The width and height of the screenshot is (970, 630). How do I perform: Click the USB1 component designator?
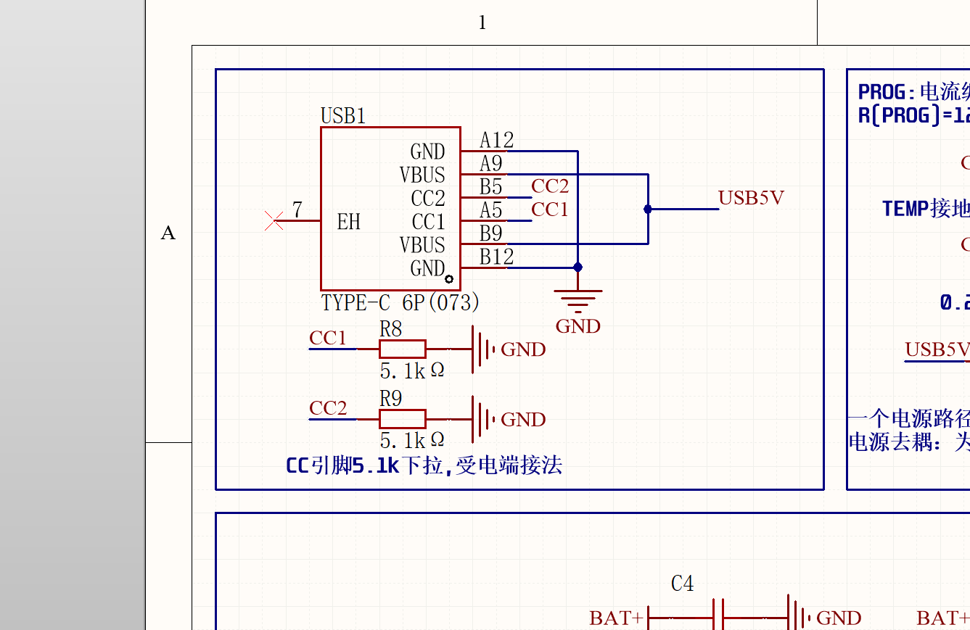tap(343, 116)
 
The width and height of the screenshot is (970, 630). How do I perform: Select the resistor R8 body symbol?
tap(402, 349)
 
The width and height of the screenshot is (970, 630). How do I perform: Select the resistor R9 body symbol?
tap(402, 419)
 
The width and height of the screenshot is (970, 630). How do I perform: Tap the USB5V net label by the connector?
tap(751, 198)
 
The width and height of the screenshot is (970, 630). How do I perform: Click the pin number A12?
tap(497, 140)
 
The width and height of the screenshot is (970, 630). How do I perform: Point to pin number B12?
tap(497, 257)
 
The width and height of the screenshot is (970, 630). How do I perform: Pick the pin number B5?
tap(491, 186)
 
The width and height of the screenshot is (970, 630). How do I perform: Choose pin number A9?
tap(491, 163)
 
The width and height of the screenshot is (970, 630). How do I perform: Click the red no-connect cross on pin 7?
tap(274, 220)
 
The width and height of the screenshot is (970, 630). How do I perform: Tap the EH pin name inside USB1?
tap(349, 222)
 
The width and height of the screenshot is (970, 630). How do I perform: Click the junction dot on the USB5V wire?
tap(648, 209)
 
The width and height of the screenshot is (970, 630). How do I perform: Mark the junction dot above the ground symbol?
tap(578, 268)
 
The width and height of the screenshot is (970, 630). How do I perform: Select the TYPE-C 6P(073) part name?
tap(400, 302)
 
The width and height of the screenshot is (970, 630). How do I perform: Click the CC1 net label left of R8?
tap(328, 339)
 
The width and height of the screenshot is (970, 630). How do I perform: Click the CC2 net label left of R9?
tap(328, 408)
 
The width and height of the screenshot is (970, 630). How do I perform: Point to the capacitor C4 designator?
tap(682, 583)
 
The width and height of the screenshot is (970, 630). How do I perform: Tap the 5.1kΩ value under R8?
tap(412, 371)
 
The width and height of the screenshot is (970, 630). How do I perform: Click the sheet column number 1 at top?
tap(482, 23)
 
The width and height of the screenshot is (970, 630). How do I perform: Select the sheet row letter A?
tap(168, 233)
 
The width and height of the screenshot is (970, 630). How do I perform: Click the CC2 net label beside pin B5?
tap(550, 186)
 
